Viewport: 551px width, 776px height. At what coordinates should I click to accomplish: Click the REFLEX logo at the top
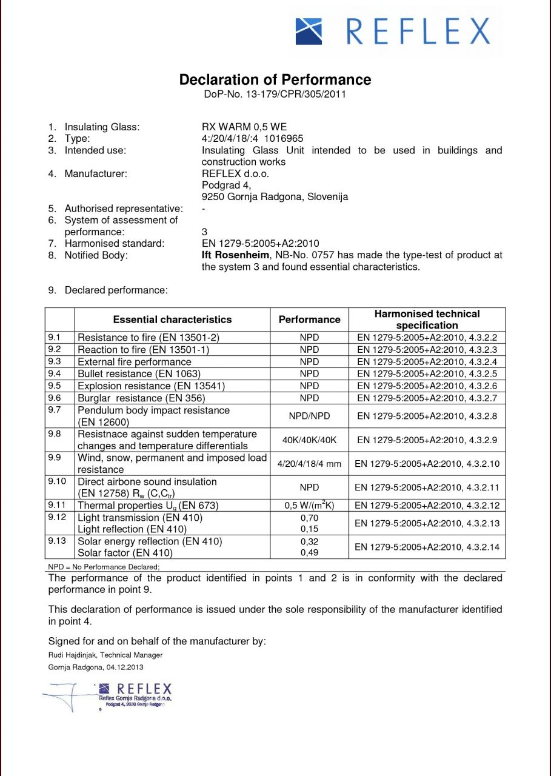coord(392,31)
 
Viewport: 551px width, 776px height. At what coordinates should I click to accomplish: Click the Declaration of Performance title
coord(275,80)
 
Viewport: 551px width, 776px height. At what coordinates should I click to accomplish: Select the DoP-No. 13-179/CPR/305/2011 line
coord(275,95)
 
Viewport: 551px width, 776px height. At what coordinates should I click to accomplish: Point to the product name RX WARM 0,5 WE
coord(244,127)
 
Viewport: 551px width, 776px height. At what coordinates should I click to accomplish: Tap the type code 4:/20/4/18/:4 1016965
coord(252,139)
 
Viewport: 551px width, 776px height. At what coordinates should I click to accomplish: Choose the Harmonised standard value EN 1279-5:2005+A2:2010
coord(260,244)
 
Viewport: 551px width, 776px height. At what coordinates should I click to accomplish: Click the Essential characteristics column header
coord(172,319)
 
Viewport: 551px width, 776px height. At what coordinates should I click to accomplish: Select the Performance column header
coord(309,319)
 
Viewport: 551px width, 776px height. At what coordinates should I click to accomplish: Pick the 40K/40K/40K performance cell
coord(309,440)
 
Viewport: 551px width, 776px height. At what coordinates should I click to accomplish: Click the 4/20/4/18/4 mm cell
coord(309,464)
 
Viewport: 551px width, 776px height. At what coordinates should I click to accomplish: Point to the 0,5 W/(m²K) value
coord(309,505)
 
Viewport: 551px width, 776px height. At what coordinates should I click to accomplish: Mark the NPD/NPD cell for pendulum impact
coord(309,416)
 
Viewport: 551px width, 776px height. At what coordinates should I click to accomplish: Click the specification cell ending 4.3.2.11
coord(427,487)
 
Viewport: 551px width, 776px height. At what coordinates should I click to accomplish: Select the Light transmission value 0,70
coord(309,518)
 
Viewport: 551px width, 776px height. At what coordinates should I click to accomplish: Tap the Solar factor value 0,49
coord(309,553)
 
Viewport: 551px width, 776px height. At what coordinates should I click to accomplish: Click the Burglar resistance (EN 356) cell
coord(141,398)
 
